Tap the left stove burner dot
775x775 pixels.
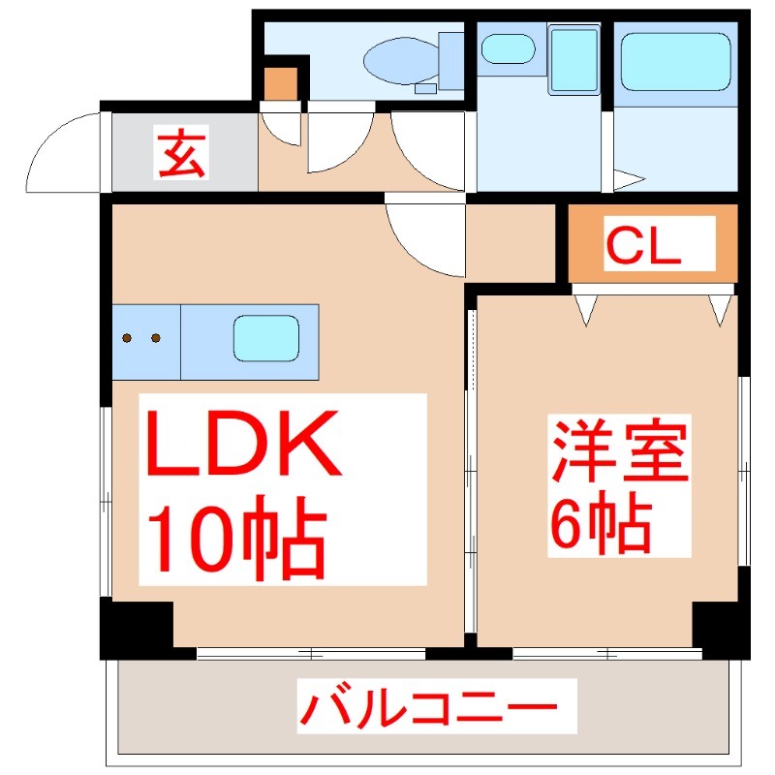coord(128,338)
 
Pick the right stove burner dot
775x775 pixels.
coord(155,338)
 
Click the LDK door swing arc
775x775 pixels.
coord(426,237)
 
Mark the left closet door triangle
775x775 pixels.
coord(587,309)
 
